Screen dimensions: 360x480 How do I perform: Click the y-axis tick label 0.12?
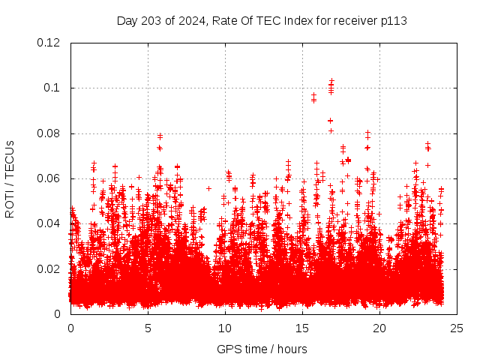coord(49,43)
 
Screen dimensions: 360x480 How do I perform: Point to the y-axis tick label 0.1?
coord(52,88)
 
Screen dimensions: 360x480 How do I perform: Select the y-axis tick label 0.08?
coord(49,133)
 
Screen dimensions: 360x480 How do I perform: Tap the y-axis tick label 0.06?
coord(49,178)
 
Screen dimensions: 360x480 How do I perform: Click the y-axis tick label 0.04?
coord(49,223)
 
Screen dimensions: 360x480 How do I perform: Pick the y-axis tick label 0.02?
coord(49,268)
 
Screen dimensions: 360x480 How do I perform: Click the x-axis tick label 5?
coord(148,328)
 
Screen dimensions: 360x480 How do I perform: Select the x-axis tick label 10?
coord(225,328)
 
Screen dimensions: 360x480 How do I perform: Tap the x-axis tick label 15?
coord(302,328)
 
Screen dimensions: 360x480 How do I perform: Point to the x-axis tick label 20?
coord(379,328)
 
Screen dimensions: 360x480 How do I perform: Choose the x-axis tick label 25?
coord(457,328)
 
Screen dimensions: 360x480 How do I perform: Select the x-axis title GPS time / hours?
coord(262,349)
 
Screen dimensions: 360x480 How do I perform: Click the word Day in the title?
coord(127,20)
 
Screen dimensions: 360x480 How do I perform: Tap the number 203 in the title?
coord(150,20)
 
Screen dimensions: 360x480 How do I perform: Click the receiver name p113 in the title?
coord(394,20)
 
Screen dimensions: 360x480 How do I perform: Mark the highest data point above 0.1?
coord(331,79)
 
